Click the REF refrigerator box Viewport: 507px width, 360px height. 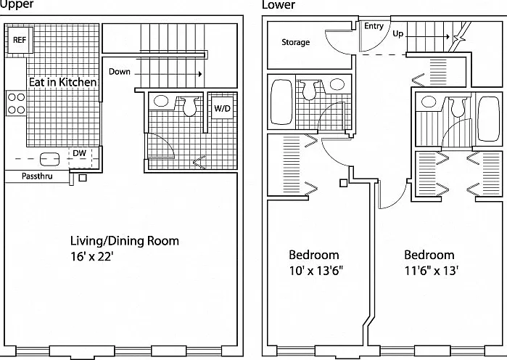[x=20, y=40]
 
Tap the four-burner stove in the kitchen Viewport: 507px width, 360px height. [x=16, y=103]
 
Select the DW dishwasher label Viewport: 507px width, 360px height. [x=79, y=153]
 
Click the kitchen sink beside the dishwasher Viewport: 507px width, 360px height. [x=49, y=159]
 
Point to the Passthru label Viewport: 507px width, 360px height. [x=37, y=176]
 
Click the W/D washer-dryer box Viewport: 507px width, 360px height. [x=222, y=108]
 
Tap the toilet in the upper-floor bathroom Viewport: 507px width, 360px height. [x=190, y=106]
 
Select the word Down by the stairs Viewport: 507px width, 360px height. [x=119, y=71]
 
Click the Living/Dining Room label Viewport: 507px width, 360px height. [x=125, y=241]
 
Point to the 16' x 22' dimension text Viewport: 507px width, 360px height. [x=92, y=256]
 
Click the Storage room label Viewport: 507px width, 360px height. [x=295, y=42]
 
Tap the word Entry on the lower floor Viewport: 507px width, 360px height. [x=374, y=26]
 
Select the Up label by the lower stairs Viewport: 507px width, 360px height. [x=398, y=33]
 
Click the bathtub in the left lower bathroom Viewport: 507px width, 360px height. [x=281, y=102]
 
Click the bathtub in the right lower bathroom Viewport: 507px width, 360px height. [x=489, y=119]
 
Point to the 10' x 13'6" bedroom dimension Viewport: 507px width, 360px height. [x=316, y=271]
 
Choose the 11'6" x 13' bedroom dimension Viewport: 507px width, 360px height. [x=432, y=271]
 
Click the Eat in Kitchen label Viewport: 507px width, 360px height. [x=62, y=82]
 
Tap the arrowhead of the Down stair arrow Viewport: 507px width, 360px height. [x=200, y=74]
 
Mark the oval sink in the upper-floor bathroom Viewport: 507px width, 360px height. [x=161, y=101]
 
